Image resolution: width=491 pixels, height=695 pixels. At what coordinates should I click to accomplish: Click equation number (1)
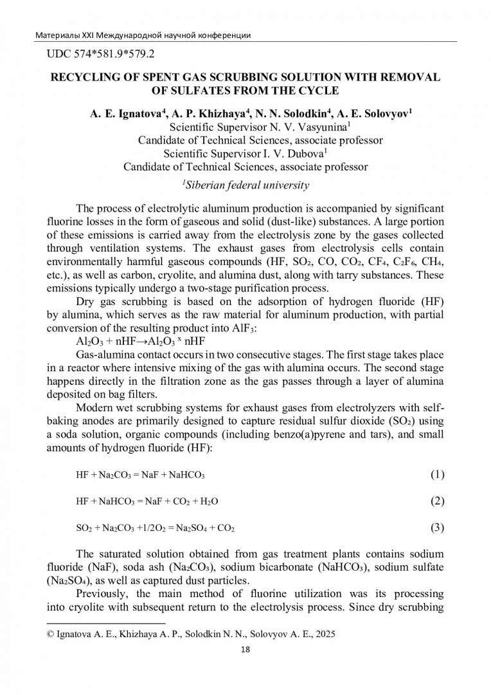pyautogui.click(x=437, y=475)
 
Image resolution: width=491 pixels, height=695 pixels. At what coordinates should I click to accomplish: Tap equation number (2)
pyautogui.click(x=437, y=501)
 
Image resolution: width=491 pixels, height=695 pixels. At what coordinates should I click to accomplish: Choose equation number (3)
pyautogui.click(x=437, y=528)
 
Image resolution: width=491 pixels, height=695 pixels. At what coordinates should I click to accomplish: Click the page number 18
pyautogui.click(x=245, y=649)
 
